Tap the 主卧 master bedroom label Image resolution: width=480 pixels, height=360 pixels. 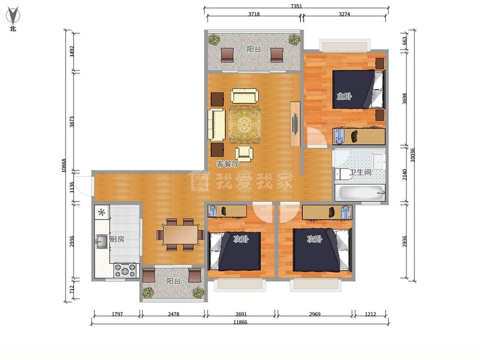344,96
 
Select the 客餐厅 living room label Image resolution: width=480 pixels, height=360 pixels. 228,164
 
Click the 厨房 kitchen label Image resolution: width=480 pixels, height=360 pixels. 117,239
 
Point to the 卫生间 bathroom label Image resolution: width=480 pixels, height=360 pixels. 360,172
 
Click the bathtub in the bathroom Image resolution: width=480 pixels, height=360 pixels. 360,193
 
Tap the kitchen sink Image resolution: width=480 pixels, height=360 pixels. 102,241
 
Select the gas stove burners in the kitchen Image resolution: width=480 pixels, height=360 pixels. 125,270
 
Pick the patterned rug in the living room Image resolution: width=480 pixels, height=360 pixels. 244,125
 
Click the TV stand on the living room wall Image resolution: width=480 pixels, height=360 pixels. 295,124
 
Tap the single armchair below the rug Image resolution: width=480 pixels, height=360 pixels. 244,154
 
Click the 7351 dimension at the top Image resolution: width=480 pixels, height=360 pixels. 297,6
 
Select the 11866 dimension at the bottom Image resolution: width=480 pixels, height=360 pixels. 240,322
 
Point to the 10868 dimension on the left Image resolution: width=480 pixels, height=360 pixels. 64,165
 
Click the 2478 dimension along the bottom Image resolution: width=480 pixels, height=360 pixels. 174,314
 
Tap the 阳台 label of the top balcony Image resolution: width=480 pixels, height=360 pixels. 254,49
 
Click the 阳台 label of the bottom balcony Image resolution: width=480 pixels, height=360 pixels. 173,281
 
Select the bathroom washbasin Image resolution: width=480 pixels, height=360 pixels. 379,161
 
